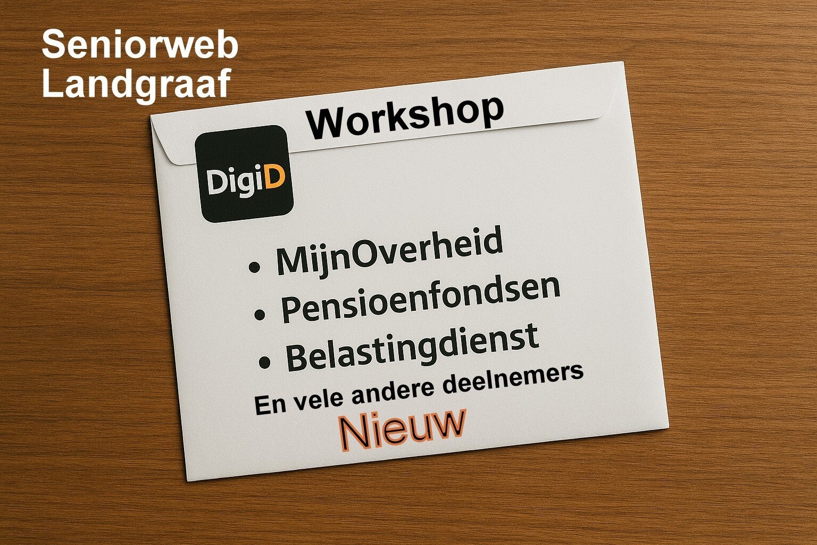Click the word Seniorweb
coord(140,44)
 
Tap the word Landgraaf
coord(137,84)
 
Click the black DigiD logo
coord(244,174)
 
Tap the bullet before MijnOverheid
coord(254,267)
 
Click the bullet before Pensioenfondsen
coord(260,315)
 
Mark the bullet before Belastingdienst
coord(264,362)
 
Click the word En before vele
coord(270,405)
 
